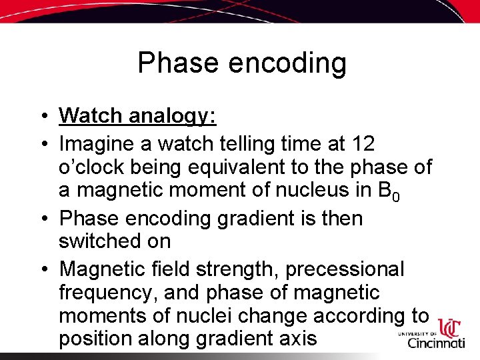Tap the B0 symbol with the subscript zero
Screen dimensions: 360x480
[x=388, y=191]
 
